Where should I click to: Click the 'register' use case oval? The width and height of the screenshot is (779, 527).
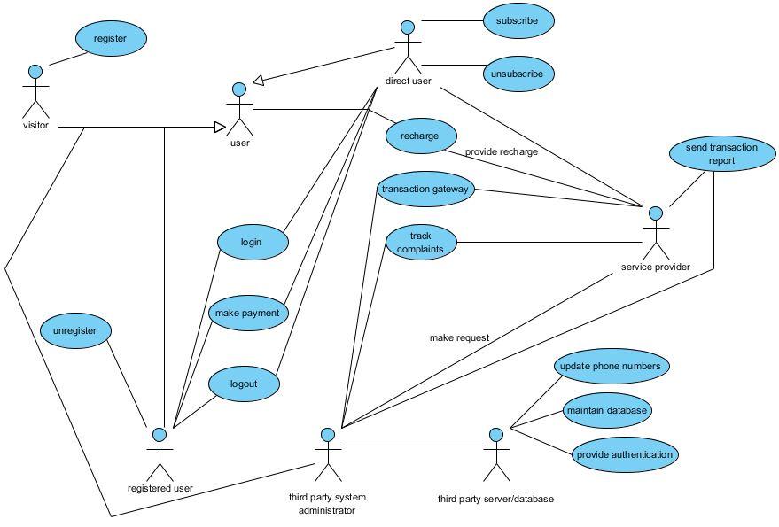pyautogui.click(x=111, y=39)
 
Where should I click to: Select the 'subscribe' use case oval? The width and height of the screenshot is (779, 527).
pyautogui.click(x=518, y=21)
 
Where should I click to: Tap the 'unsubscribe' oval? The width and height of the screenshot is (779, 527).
pyautogui.click(x=518, y=74)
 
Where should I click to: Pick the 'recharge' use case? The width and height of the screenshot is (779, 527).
pyautogui.click(x=421, y=136)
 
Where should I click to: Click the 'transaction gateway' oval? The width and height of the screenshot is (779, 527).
pyautogui.click(x=425, y=190)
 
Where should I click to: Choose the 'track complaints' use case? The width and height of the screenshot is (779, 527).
pyautogui.click(x=421, y=243)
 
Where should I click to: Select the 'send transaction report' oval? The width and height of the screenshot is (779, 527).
pyautogui.click(x=722, y=154)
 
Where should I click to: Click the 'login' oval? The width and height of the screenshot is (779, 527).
pyautogui.click(x=253, y=243)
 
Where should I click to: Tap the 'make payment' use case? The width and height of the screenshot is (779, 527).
pyautogui.click(x=247, y=314)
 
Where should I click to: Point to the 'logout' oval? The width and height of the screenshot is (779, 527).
pyautogui.click(x=244, y=384)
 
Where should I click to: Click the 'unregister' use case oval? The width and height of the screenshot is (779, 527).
pyautogui.click(x=75, y=330)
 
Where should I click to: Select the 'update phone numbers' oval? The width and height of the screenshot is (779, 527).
pyautogui.click(x=612, y=366)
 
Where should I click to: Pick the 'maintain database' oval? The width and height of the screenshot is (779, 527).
pyautogui.click(x=607, y=410)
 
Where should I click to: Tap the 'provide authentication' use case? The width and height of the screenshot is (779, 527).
pyautogui.click(x=625, y=454)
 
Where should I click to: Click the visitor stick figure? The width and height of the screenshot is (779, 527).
pyautogui.click(x=35, y=91)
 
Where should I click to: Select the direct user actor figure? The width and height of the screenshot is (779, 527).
pyautogui.click(x=408, y=48)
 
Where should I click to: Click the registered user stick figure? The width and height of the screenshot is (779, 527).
pyautogui.click(x=160, y=455)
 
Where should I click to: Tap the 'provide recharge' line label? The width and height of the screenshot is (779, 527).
pyautogui.click(x=502, y=152)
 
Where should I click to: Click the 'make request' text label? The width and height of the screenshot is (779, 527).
pyautogui.click(x=460, y=338)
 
